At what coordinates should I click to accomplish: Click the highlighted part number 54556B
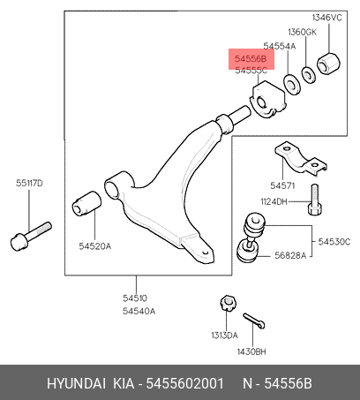(251, 59)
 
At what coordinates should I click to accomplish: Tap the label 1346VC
(327, 18)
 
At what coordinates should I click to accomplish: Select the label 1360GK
(303, 32)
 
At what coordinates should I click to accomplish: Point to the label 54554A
(280, 46)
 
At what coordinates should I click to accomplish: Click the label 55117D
(29, 183)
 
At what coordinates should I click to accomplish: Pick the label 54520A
(95, 246)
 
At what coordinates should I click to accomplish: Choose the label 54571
(282, 185)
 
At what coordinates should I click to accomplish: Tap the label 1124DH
(274, 201)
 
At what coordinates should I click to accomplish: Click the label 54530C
(334, 242)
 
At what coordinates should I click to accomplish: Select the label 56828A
(290, 255)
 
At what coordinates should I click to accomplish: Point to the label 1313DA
(224, 336)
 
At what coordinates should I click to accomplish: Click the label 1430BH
(251, 351)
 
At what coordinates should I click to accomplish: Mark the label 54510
(135, 298)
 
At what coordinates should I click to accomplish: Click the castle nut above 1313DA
(228, 303)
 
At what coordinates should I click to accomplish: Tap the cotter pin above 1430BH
(254, 321)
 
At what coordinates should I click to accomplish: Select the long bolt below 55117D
(31, 236)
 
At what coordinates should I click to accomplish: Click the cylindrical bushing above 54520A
(86, 203)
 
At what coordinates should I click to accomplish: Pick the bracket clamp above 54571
(301, 159)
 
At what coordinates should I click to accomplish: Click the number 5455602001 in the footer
(185, 383)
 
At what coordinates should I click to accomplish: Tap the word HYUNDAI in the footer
(76, 383)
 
